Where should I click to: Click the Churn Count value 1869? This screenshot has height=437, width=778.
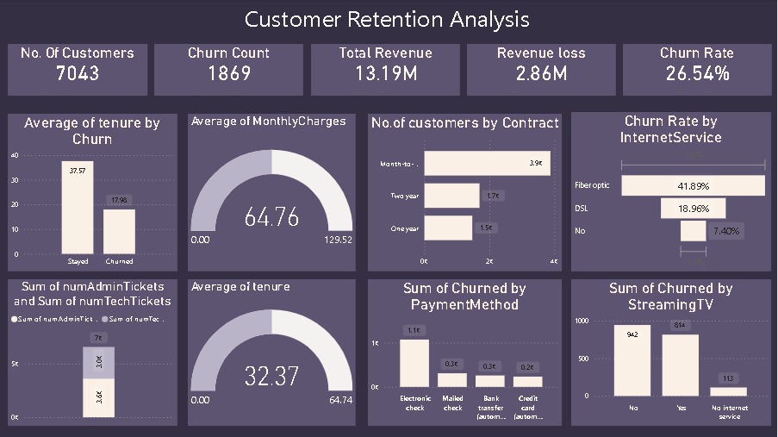(229, 74)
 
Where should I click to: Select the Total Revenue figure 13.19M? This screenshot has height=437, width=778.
(385, 74)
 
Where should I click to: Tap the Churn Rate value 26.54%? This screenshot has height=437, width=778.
(698, 74)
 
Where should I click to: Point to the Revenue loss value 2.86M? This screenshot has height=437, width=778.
(541, 74)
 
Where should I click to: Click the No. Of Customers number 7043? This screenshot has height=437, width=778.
(78, 74)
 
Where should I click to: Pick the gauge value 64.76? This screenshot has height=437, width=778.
(271, 217)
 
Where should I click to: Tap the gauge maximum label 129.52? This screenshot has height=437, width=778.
(338, 240)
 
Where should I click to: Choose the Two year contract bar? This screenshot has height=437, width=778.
(451, 197)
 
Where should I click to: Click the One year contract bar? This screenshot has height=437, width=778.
(448, 228)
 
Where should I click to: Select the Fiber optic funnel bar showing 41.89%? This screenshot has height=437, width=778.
(693, 185)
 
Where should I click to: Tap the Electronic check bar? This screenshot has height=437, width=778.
(414, 363)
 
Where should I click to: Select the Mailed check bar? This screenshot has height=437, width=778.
(452, 379)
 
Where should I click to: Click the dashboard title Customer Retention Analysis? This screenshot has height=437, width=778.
(387, 19)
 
